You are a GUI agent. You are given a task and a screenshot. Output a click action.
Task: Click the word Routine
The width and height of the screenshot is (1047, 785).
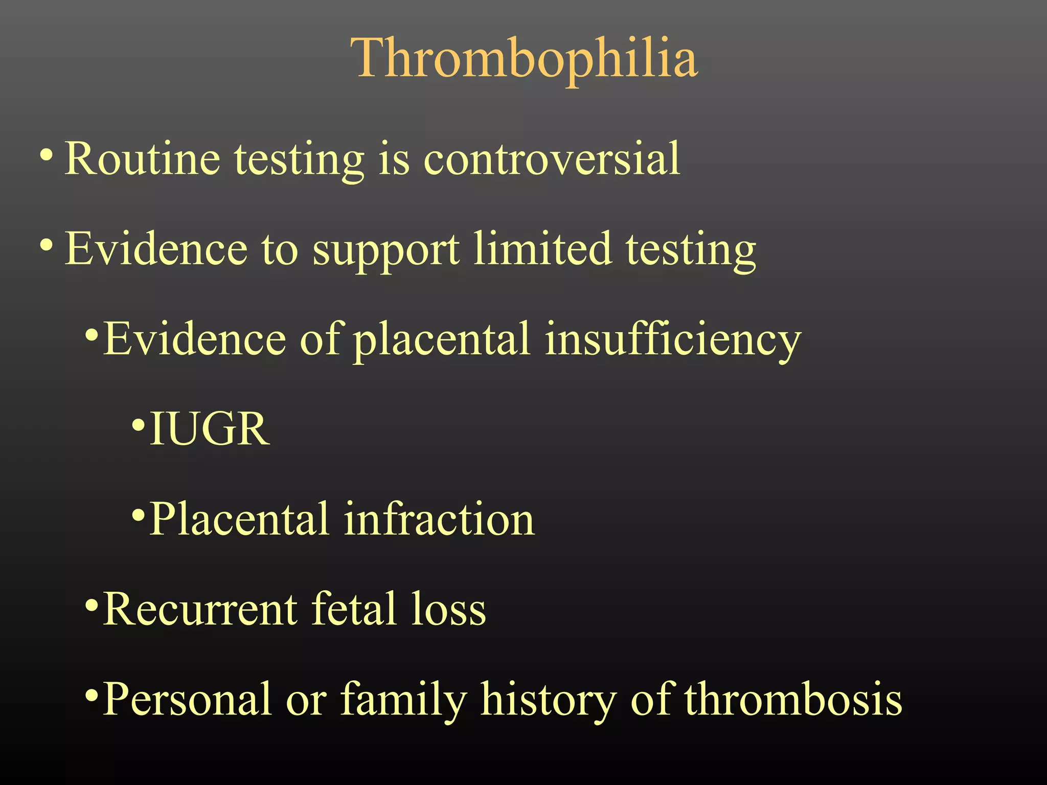142,159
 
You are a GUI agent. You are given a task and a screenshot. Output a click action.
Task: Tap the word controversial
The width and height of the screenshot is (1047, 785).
552,159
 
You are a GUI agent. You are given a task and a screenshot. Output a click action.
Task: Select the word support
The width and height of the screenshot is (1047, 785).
386,250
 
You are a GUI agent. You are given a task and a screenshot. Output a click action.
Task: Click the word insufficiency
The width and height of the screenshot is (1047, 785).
672,340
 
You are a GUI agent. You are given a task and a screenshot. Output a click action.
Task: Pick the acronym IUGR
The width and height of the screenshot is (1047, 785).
210,429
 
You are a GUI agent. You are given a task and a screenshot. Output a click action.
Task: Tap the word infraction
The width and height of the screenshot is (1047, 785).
440,519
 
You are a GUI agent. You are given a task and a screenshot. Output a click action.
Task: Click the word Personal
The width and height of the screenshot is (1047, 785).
187,699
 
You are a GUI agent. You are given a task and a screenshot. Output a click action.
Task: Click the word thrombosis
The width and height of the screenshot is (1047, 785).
793,699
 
